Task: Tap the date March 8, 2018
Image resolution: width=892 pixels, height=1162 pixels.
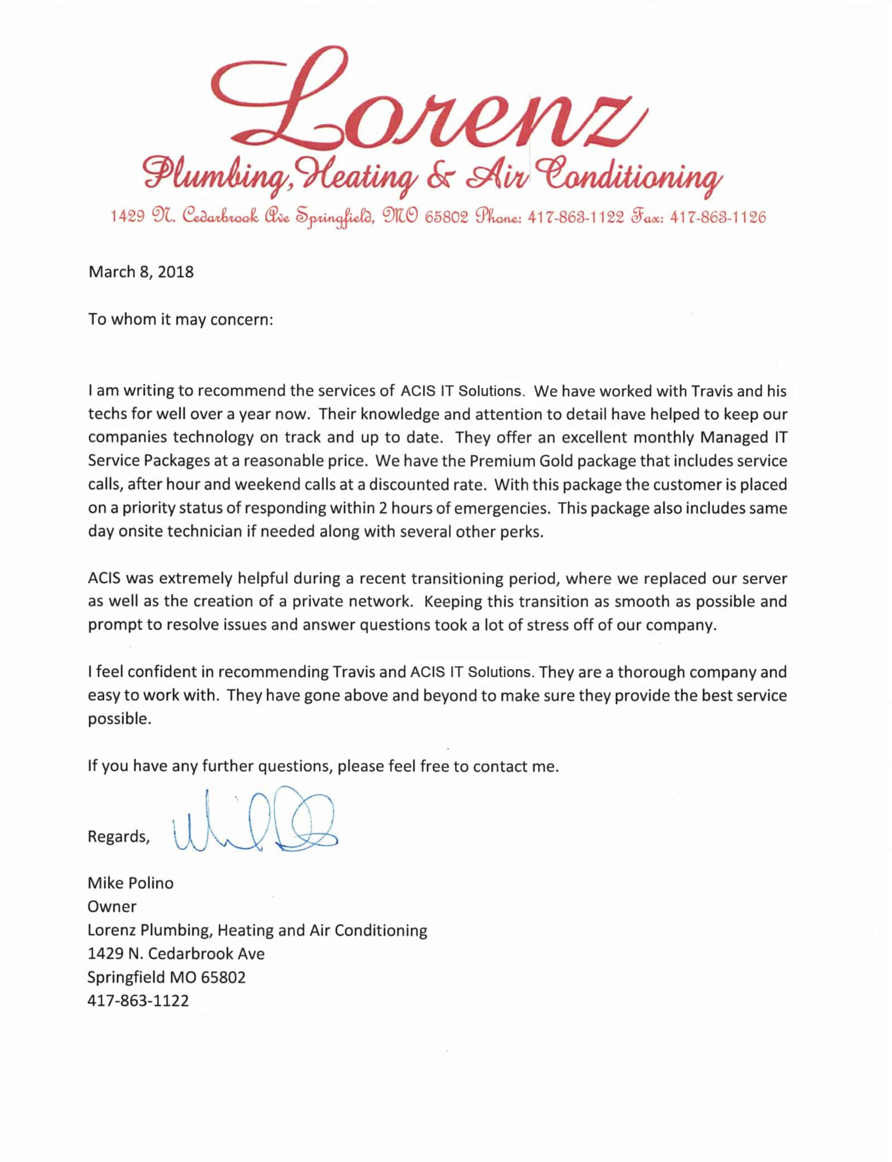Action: [x=141, y=272]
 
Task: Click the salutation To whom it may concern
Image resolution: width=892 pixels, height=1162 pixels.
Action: [x=181, y=320]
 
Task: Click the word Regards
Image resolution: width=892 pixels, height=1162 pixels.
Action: [x=118, y=836]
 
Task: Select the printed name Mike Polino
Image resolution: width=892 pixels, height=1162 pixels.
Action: [x=130, y=883]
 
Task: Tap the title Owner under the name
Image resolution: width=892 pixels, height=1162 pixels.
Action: [x=112, y=907]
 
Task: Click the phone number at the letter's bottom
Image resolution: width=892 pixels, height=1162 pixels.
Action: [x=138, y=1000]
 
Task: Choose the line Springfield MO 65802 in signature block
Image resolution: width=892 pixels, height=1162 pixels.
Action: [x=166, y=977]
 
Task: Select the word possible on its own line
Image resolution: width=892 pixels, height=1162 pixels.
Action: [x=119, y=719]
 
